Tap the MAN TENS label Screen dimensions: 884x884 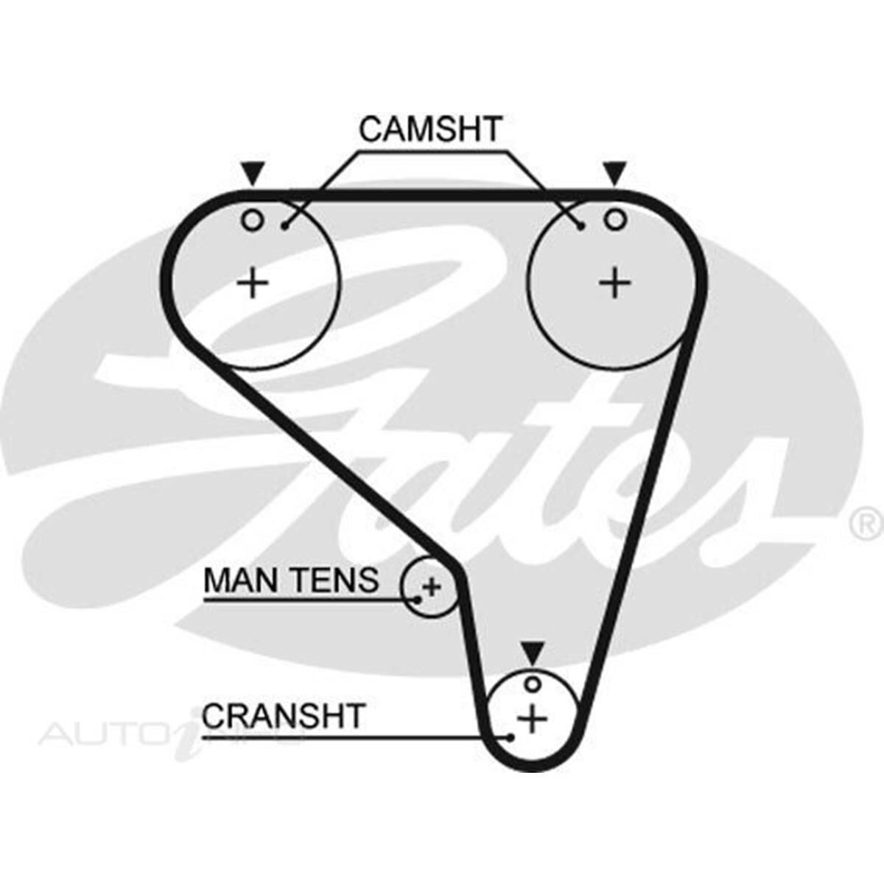[291, 580]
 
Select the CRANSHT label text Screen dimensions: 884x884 [284, 716]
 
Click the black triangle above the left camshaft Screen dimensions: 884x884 [253, 174]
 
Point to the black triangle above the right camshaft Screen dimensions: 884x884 [614, 174]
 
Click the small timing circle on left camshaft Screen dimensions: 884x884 [253, 220]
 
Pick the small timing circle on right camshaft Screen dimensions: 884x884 [614, 219]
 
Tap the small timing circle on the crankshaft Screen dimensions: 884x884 [532, 684]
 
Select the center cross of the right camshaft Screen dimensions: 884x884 [614, 283]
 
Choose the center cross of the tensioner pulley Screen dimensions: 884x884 [432, 587]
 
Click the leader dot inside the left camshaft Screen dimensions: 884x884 [285, 226]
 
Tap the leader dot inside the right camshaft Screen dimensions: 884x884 [582, 226]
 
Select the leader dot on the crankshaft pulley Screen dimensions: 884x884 [509, 736]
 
